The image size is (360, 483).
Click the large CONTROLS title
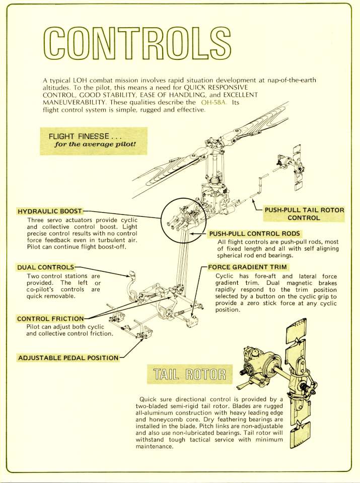[137, 44]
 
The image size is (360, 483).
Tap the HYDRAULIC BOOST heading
[50, 211]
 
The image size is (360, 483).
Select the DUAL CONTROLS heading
[46, 267]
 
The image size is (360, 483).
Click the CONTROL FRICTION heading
[50, 319]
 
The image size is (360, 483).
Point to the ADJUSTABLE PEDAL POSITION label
[68, 358]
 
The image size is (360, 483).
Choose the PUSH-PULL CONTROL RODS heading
[254, 233]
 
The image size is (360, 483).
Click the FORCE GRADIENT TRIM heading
[247, 267]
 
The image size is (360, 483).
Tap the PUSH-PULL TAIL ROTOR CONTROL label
[304, 214]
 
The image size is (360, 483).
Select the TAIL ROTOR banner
[189, 374]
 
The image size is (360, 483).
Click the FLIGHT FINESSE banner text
[85, 136]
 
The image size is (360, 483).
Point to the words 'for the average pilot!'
[95, 144]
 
